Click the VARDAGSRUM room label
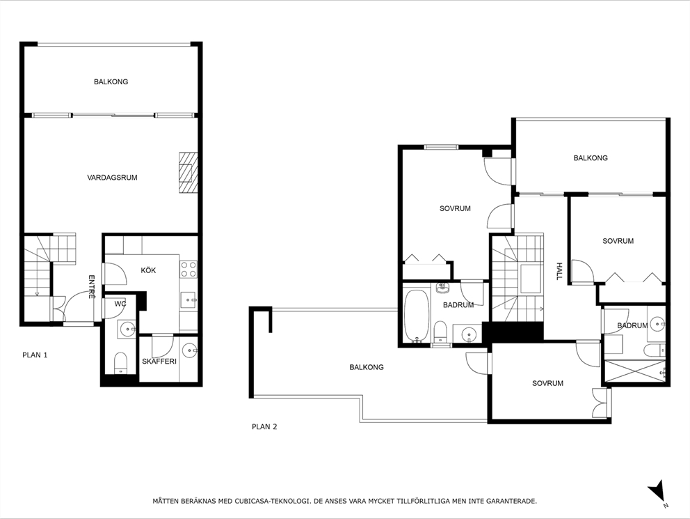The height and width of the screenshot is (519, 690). point(112,178)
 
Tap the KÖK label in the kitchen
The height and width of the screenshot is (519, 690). point(148,270)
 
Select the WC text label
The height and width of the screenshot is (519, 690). point(120,304)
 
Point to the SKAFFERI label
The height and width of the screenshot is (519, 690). point(159,362)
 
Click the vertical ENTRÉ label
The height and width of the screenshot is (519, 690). point(91,287)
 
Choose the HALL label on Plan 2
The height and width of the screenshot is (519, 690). point(559,271)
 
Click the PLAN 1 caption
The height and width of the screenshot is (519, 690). point(35,355)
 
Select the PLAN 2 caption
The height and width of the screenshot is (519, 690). point(264,427)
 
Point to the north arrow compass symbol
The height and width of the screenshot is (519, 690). point(657,493)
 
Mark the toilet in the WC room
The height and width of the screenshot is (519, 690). point(120,362)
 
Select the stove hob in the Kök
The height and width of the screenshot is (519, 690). point(188,270)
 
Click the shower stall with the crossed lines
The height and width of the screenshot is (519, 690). point(635,371)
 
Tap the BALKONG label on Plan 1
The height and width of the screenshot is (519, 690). point(111,82)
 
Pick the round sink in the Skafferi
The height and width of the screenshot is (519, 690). point(188,350)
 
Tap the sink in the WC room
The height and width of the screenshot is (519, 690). point(127,330)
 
